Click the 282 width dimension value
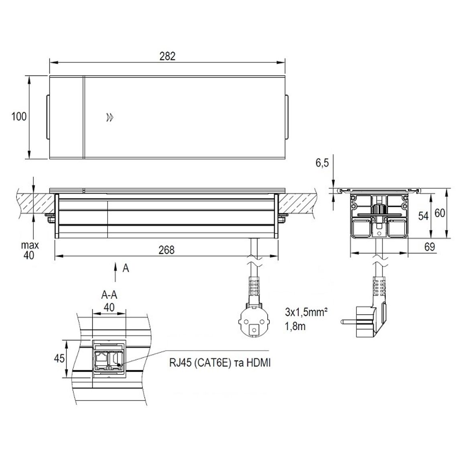167,56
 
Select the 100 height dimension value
19,116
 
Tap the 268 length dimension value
167,250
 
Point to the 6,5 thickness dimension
322,163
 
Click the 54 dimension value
423,216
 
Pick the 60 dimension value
440,213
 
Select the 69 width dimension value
429,246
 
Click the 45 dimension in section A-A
59,358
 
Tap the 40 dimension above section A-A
109,307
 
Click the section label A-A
109,295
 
